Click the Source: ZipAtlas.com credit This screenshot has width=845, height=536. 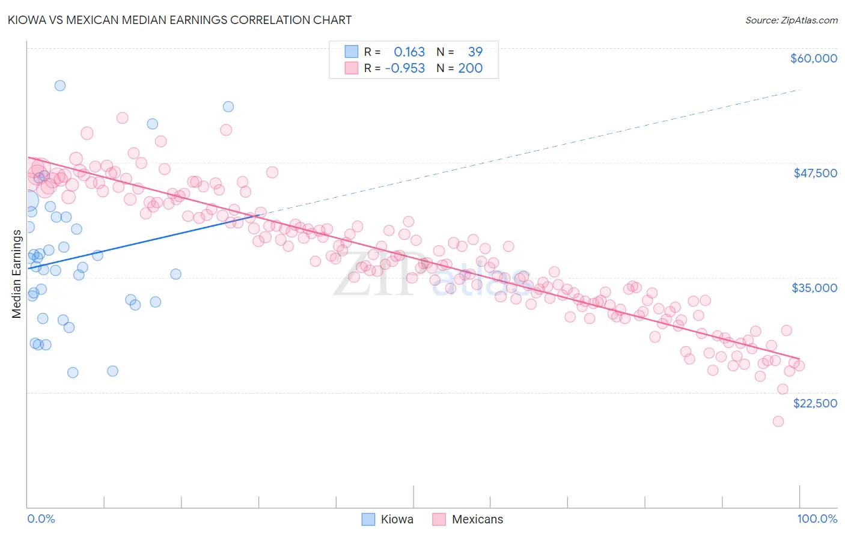tap(791, 20)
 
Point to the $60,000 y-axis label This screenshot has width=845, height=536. tap(813, 58)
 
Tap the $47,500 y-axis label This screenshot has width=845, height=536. tap(815, 173)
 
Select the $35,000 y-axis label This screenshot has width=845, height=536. tap(814, 288)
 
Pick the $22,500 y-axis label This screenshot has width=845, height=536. tap(815, 403)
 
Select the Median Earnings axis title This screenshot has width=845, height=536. tap(17, 274)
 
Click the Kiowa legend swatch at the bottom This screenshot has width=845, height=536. tap(368, 519)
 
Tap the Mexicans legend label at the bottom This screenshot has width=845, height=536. tap(477, 519)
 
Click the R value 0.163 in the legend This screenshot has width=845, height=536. tap(409, 52)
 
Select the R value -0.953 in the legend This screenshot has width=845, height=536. tap(405, 69)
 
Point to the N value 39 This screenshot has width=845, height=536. tap(475, 52)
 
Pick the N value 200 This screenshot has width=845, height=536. tap(470, 69)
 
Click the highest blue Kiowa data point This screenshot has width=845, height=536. tap(60, 85)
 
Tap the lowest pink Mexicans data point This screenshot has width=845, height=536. tap(778, 421)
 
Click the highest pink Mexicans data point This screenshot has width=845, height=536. tap(123, 118)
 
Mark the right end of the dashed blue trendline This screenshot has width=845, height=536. tap(799, 90)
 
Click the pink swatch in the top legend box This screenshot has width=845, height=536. tap(351, 69)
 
